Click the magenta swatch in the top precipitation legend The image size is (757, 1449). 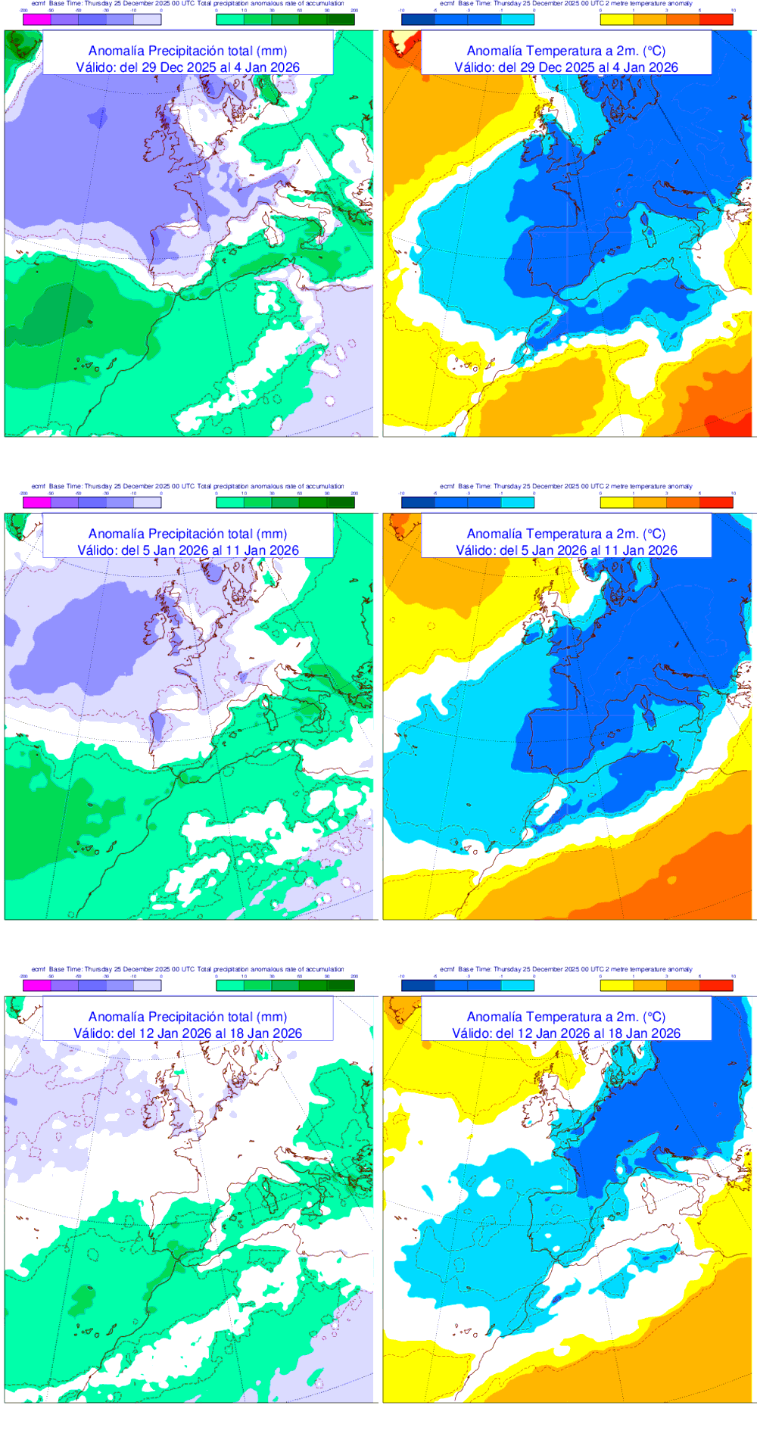[x=37, y=20]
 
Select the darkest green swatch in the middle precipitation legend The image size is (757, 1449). [x=341, y=502]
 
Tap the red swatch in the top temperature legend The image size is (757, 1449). [x=716, y=20]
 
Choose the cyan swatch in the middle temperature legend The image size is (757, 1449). [x=517, y=502]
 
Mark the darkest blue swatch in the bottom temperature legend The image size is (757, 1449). [x=418, y=985]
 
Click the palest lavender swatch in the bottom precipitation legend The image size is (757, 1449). [x=148, y=985]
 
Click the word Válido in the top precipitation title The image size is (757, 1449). [x=96, y=67]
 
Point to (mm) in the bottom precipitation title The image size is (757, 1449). [x=272, y=1017]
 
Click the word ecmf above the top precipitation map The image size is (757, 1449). [x=38, y=3]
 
